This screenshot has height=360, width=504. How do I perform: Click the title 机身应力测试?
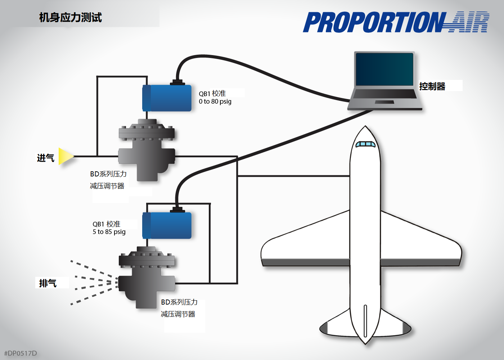71,17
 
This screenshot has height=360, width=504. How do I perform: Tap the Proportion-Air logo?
396,22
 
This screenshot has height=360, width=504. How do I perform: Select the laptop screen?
384,69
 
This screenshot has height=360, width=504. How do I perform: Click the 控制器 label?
432,86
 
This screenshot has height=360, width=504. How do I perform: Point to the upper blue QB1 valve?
167,98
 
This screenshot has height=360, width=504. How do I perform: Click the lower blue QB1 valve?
167,226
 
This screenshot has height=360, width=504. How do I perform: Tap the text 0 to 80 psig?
215,102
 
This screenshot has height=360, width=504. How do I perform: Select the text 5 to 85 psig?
109,232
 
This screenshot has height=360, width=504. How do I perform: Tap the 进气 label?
46,158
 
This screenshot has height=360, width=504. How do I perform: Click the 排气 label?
48,283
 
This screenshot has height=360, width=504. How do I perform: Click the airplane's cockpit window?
365,144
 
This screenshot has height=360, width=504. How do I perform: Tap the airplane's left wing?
306,245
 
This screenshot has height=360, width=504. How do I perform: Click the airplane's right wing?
421,245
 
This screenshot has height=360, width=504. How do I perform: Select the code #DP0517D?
21,353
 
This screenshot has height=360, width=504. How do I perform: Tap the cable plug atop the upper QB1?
177,82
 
